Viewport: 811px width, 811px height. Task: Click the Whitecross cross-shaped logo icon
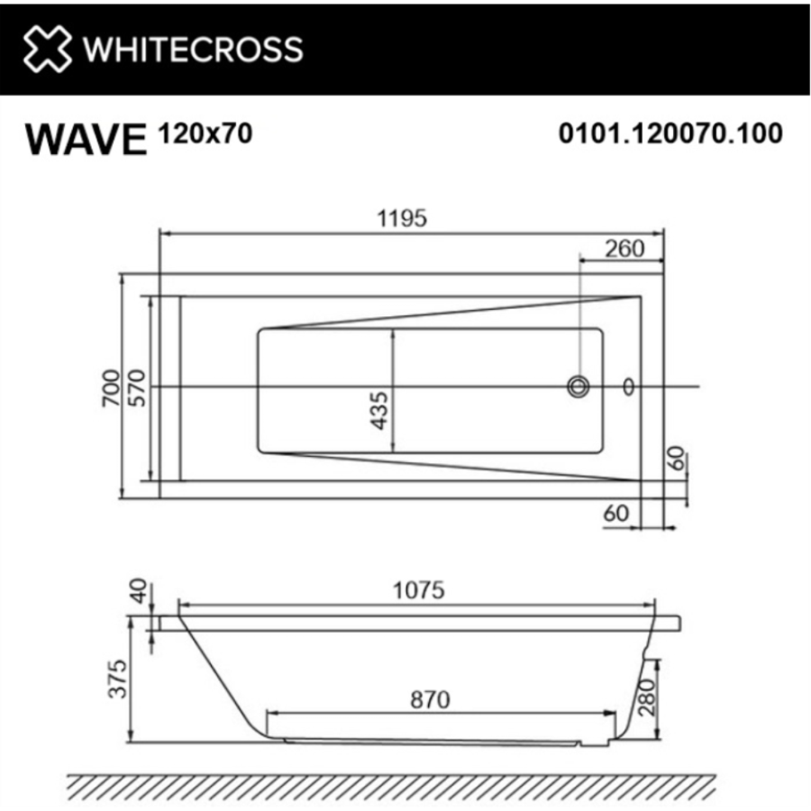click(x=47, y=50)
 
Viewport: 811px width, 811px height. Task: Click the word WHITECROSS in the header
click(x=194, y=50)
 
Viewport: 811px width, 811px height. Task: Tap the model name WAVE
click(x=87, y=139)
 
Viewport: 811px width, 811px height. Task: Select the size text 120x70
click(x=205, y=133)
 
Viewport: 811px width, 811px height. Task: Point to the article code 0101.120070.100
click(x=670, y=133)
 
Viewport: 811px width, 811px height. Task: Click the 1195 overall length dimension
click(x=403, y=218)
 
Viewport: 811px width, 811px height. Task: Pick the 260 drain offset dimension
click(x=624, y=249)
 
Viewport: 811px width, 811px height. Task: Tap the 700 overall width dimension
click(x=112, y=387)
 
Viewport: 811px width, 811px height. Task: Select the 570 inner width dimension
click(x=138, y=387)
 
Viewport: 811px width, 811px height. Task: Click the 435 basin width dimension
click(x=379, y=411)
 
